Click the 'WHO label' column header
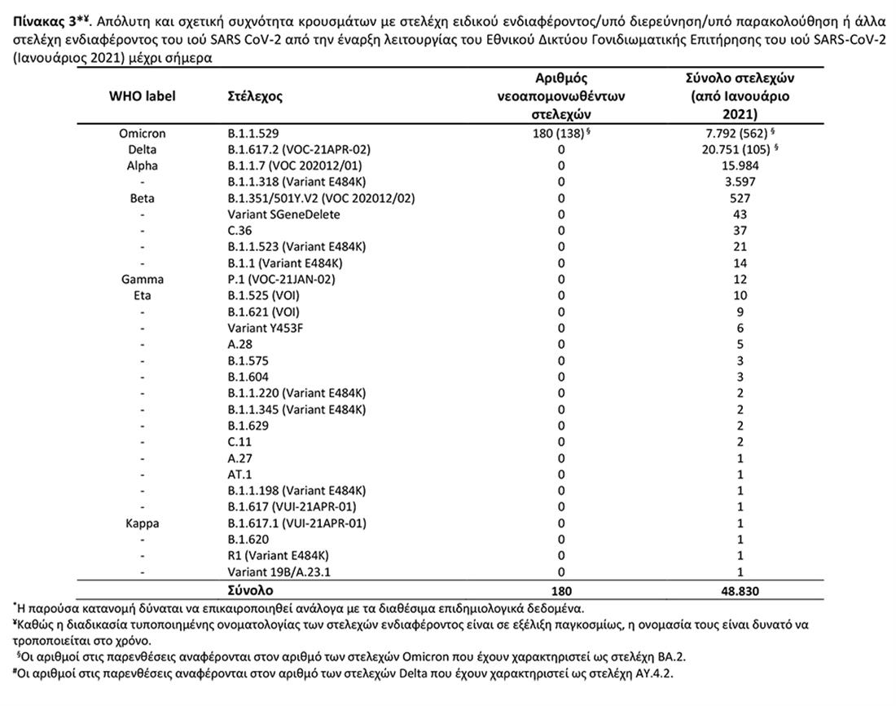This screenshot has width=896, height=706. tap(142, 96)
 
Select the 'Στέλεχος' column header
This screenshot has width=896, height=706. tap(255, 96)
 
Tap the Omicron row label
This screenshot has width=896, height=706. tap(142, 134)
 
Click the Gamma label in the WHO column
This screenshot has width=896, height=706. tap(142, 280)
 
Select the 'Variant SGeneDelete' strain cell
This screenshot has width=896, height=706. tap(283, 214)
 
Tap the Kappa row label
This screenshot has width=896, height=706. tap(142, 523)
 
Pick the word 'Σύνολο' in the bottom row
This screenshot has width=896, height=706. tap(251, 590)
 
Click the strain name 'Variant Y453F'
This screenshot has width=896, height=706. tap(270, 328)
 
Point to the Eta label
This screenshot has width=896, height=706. tap(142, 296)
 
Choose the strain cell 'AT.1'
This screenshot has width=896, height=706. tap(241, 474)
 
